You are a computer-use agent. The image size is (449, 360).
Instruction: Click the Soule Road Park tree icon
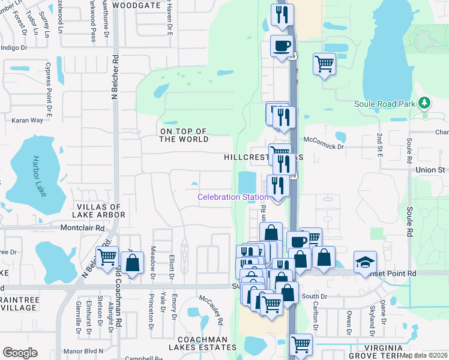tap(424, 103)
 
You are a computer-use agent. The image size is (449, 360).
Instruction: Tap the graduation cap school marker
tap(365, 262)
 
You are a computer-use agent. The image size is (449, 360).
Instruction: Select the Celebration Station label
tap(234, 197)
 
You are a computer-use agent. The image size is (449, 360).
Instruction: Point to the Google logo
tap(20, 353)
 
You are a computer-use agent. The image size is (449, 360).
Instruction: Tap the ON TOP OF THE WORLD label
tap(184, 135)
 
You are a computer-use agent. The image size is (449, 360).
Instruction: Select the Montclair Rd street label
tap(82, 228)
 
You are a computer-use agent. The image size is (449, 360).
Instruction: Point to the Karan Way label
tap(28, 120)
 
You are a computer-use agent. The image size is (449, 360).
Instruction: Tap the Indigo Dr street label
tap(16, 47)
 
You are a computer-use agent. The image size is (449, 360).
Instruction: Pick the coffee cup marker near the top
tap(281, 46)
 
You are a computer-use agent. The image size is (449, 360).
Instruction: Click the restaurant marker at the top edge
tap(282, 14)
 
